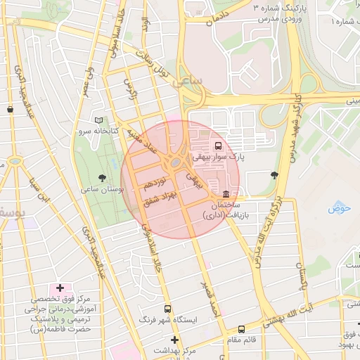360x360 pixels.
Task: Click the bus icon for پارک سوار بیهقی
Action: [218, 146]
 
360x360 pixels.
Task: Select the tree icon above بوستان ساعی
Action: [103, 178]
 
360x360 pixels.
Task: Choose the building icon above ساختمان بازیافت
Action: [225, 194]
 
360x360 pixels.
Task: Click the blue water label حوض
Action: [339, 210]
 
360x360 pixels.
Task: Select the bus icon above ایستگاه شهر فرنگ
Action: [167, 308]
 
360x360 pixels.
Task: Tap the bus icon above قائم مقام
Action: [242, 328]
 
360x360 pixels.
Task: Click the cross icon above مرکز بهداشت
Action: [175, 340]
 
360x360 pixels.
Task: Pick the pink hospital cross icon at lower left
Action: [60, 288]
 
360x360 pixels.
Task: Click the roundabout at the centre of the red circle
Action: [174, 164]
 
